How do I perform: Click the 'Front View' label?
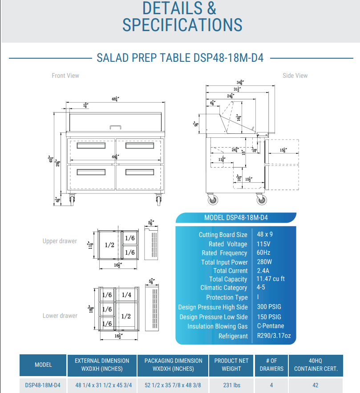[65, 76]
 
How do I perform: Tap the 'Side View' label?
[295, 76]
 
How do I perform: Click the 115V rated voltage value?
[263, 244]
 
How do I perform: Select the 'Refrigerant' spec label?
[233, 336]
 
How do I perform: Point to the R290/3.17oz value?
[274, 336]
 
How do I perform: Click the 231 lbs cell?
[231, 385]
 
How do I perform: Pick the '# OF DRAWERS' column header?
[271, 365]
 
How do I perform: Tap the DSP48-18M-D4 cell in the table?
[43, 385]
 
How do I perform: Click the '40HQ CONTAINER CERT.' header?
[316, 365]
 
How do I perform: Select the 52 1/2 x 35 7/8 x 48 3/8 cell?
[173, 385]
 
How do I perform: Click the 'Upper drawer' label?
[60, 241]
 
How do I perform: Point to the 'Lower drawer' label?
[60, 316]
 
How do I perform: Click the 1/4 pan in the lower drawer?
[126, 295]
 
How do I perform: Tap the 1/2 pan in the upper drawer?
[109, 245]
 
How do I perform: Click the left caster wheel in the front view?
[72, 201]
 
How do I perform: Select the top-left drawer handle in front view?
[91, 146]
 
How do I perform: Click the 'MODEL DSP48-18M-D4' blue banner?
[236, 218]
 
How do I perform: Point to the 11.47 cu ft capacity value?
[271, 279]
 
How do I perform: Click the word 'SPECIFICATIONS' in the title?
[182, 24]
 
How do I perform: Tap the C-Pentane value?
[270, 326]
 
